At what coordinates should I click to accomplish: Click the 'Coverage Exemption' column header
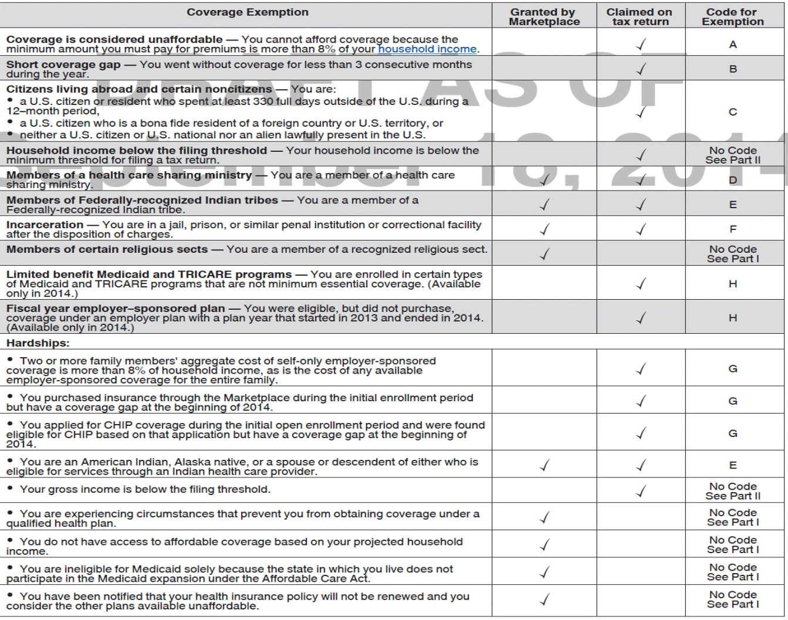coord(247,12)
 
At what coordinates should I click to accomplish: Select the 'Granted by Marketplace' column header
coord(544,17)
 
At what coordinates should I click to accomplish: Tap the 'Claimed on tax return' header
coord(640,17)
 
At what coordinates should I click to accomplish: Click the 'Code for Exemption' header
coord(732,17)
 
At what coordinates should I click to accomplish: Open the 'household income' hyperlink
coord(427,49)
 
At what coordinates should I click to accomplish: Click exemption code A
coord(733,45)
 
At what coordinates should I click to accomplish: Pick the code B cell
coord(733,69)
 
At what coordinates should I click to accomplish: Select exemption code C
coord(733,112)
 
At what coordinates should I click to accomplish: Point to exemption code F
coord(733,229)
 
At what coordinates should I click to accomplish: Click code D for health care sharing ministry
coord(733,180)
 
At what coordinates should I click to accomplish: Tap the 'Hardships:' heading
coord(38,343)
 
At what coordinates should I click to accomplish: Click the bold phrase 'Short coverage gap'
coord(63,65)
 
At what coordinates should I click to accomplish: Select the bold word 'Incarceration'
coord(45,225)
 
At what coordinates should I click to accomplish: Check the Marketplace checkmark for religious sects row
coord(545,254)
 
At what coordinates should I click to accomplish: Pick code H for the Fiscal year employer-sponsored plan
coord(733,318)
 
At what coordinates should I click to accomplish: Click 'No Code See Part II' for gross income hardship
coord(733,491)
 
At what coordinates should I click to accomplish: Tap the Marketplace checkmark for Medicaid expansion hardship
coord(545,572)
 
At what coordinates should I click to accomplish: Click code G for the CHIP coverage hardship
coord(733,433)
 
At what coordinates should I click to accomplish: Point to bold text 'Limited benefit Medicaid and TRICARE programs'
coord(149,275)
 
